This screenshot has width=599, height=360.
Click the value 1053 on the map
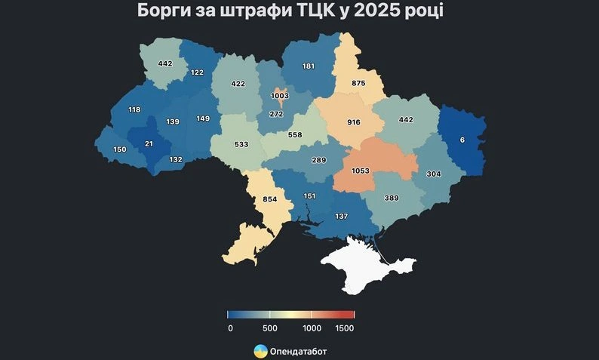[x=360, y=171]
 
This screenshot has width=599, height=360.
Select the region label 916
[x=354, y=122]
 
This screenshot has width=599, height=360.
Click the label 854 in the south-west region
[x=269, y=200]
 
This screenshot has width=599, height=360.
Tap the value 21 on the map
[x=149, y=144]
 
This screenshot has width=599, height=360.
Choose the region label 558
[x=294, y=134]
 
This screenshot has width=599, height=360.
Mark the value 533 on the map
[x=241, y=143]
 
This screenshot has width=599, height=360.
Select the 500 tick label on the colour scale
[x=270, y=328]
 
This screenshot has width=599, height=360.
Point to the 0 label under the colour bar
[x=229, y=328]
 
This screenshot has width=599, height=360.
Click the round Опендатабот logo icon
[x=260, y=351]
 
